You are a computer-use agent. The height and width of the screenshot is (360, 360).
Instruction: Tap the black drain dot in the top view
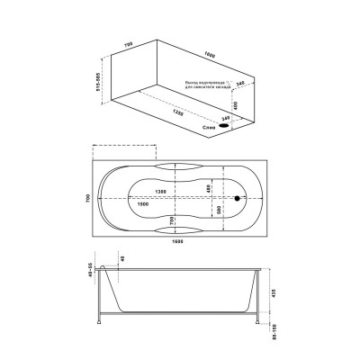[238, 200]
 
